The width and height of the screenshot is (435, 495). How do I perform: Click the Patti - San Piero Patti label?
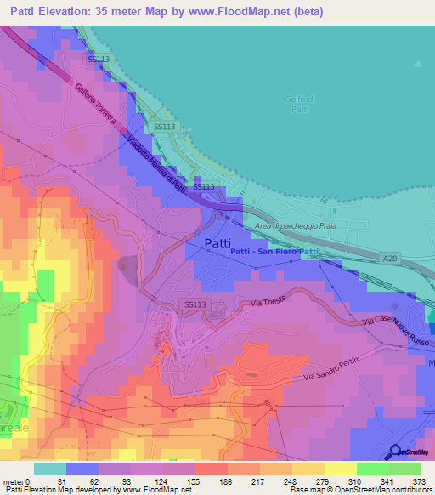274,252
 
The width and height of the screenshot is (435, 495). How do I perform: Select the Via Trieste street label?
269,302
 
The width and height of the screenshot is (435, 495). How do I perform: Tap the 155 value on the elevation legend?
217,481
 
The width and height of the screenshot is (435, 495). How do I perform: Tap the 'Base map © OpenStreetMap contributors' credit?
358,490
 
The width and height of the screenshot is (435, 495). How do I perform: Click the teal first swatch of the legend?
49,469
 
